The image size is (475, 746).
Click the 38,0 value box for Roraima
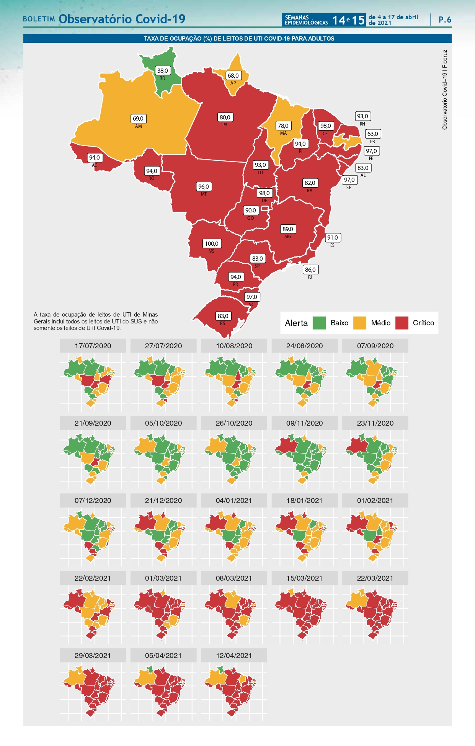(x=162, y=70)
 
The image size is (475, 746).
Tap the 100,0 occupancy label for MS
(x=211, y=243)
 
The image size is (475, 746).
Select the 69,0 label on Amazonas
(x=138, y=119)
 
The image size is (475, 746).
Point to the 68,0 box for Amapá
(x=233, y=75)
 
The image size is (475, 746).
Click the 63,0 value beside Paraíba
(x=372, y=134)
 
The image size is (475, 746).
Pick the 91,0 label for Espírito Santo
(x=332, y=238)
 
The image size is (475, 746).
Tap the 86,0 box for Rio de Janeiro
(x=310, y=269)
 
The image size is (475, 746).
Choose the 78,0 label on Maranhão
(x=283, y=126)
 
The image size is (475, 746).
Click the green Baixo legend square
(x=319, y=323)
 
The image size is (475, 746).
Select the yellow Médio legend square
(x=359, y=323)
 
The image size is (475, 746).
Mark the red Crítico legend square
(x=402, y=323)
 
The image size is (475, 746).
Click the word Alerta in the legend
(x=296, y=323)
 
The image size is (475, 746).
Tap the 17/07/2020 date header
(x=93, y=346)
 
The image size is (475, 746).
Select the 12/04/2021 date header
(x=234, y=655)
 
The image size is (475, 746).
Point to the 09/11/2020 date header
(x=304, y=423)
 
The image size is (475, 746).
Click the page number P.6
(x=445, y=20)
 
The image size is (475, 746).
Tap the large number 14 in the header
(x=339, y=20)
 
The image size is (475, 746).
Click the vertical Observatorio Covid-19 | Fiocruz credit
(x=444, y=90)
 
